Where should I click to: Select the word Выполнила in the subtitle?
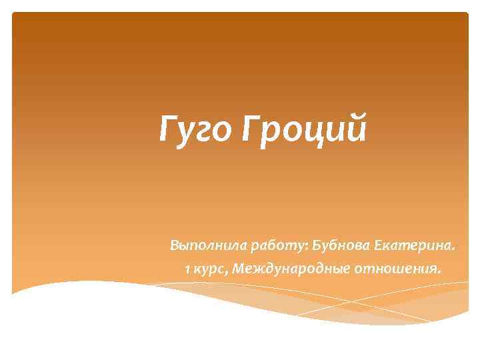pyautogui.click(x=207, y=247)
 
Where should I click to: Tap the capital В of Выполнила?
pyautogui.click(x=175, y=246)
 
